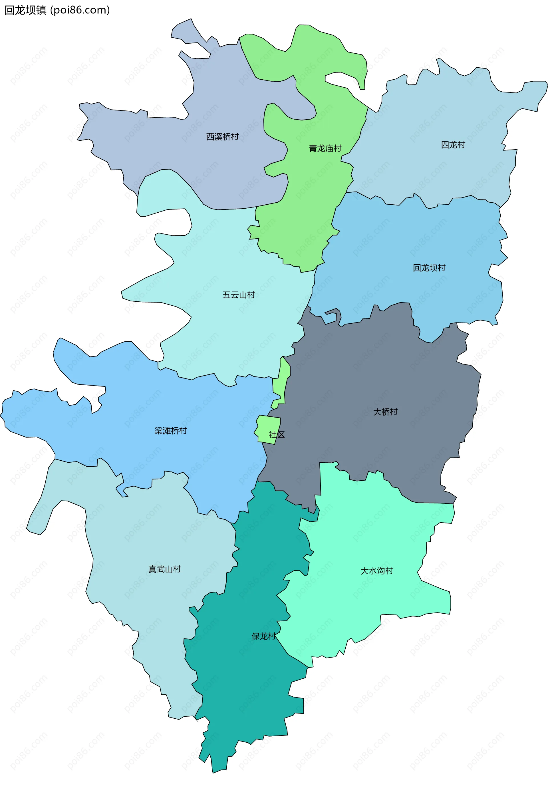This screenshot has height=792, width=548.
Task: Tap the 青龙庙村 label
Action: [x=325, y=148]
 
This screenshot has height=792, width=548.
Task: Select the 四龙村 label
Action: [x=453, y=145]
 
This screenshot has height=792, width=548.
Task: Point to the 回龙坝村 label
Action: [x=429, y=268]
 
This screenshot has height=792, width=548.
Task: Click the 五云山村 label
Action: [x=239, y=295]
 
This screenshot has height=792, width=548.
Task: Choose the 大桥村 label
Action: [x=385, y=412]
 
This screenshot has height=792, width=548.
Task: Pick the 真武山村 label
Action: [x=164, y=569]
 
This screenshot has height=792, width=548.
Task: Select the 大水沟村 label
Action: [x=377, y=571]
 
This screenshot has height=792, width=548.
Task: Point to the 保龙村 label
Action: [x=264, y=636]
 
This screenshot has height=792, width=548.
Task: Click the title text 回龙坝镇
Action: [x=25, y=10]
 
